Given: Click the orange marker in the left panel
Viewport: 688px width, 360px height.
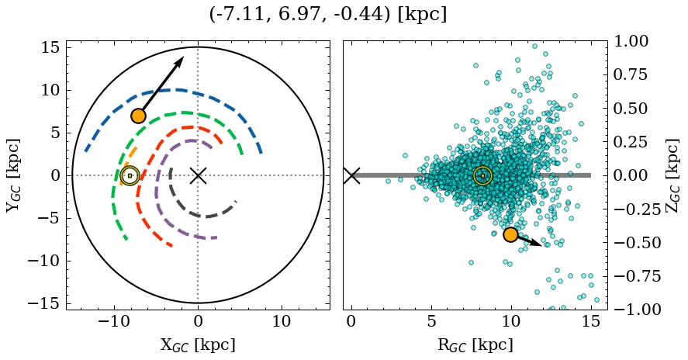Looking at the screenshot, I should coord(138,116).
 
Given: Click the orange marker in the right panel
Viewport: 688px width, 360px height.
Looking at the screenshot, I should coord(510,234).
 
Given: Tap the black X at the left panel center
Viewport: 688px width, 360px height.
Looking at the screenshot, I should coord(198,175).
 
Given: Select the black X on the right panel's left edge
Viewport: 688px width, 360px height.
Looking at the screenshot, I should coord(351,175).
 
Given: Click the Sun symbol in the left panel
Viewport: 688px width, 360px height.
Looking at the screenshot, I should coord(130,175).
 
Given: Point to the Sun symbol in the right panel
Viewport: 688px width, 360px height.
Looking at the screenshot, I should coord(482,175).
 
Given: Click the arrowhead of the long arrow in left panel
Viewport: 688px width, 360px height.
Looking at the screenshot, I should coord(181,60).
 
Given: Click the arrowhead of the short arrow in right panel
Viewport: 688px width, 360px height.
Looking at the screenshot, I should coord(539,244).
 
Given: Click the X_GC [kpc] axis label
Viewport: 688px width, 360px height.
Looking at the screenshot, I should coord(198,344).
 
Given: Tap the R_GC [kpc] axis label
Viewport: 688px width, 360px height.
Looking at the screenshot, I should coord(475,344).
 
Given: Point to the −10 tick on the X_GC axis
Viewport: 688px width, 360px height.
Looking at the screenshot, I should coord(114,321).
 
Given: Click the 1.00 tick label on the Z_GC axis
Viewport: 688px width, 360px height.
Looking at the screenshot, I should coord(634,41).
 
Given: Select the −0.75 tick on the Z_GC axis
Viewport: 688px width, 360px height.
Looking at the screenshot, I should coord(631,276).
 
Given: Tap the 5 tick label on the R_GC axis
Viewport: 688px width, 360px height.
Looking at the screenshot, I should coord(431,321).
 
